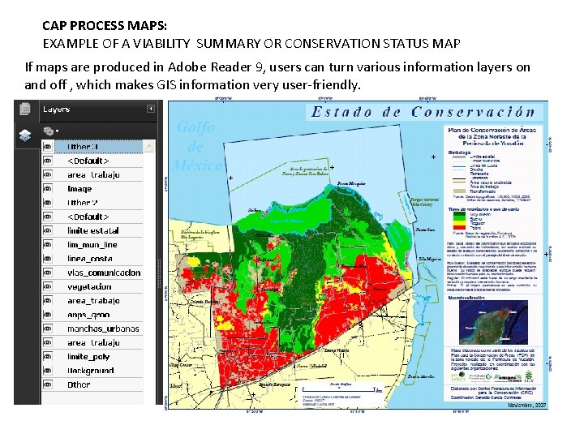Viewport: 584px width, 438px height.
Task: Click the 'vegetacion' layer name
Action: [x=90, y=286]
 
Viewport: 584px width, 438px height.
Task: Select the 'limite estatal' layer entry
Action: [x=93, y=230]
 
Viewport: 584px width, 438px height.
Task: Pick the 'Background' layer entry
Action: [x=91, y=371]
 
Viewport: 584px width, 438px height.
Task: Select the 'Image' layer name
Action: [x=79, y=189]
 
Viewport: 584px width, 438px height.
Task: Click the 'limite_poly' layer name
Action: [x=88, y=357]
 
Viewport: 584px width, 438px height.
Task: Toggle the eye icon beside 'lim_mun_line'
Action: [x=48, y=244]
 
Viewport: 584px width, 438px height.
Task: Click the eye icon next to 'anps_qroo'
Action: [x=48, y=315]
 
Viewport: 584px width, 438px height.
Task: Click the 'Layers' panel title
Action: [x=56, y=109]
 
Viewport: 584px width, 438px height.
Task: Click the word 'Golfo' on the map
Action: [x=195, y=127]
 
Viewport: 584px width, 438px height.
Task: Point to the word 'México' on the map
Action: [x=197, y=165]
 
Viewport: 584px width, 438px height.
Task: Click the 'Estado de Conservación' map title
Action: [x=423, y=112]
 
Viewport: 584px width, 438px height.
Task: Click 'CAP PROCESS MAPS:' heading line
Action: [x=98, y=26]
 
